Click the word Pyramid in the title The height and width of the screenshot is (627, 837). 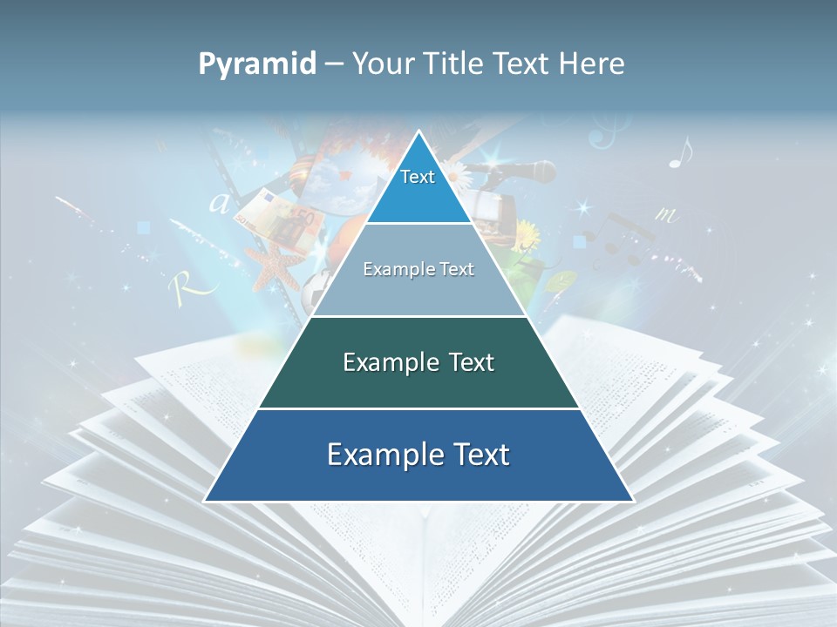pos(256,64)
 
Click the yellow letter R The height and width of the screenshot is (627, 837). pos(183,285)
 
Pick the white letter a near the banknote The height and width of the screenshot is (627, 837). pos(219,204)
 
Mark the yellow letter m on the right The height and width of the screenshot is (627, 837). pos(667,213)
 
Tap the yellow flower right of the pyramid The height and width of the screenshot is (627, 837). pos(527,233)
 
